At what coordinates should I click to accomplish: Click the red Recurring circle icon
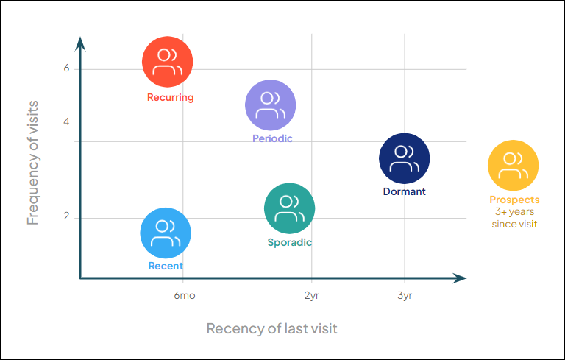168,63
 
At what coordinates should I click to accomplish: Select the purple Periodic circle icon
271,105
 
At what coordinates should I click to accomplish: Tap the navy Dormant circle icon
404,158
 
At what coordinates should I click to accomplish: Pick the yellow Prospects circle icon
514,166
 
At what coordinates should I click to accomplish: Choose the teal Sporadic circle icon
290,208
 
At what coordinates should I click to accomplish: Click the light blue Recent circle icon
166,233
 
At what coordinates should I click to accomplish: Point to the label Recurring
170,97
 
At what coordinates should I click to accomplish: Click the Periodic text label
272,138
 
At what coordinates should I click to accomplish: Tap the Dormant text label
404,191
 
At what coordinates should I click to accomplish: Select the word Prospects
514,200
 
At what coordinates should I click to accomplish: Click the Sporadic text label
290,242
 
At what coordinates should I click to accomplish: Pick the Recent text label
166,266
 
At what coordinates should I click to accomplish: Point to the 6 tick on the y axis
66,68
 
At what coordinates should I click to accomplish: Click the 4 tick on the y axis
66,121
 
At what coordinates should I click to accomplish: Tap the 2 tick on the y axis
66,217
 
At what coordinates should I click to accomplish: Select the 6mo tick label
185,296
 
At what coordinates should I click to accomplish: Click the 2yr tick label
311,296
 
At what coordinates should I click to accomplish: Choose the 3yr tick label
404,296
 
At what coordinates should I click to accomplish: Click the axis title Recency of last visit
271,328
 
